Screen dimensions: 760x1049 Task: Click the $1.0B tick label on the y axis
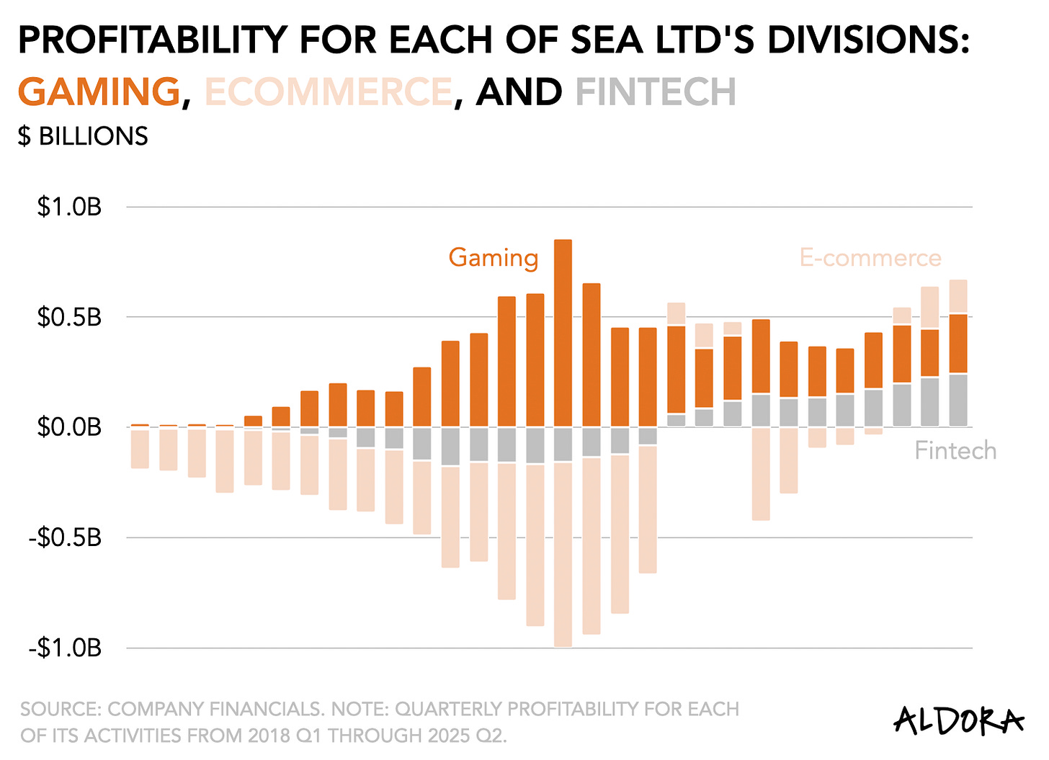tap(69, 207)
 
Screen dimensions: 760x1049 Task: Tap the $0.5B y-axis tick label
tap(69, 317)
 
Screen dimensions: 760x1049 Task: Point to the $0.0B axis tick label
tap(69, 427)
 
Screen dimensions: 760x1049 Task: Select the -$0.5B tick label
tap(65, 537)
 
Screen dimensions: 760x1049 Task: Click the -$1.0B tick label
tap(65, 648)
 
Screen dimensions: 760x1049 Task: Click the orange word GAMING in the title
tap(99, 92)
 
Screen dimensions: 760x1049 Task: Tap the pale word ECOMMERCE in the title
tap(329, 92)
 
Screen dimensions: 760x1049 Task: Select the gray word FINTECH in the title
tap(656, 92)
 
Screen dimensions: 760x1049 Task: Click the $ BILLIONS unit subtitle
tap(83, 136)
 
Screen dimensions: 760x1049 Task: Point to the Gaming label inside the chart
tap(494, 258)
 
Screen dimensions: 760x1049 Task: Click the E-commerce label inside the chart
tap(870, 258)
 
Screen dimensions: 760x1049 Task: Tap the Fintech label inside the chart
tap(955, 451)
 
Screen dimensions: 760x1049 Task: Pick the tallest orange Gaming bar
tap(563, 331)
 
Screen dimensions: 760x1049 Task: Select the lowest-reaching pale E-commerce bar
tap(563, 555)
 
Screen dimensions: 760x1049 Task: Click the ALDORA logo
tap(958, 720)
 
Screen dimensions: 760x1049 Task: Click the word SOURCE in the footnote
tap(61, 710)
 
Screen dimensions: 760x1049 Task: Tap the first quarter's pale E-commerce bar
tap(140, 448)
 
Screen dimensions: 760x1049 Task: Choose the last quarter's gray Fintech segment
tap(958, 400)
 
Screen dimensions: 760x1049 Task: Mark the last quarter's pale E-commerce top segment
tap(958, 296)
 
